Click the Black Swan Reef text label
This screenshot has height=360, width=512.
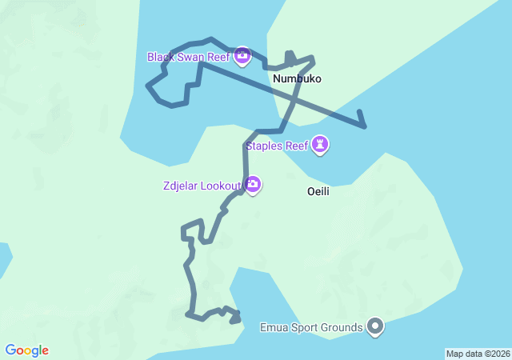(x=189, y=57)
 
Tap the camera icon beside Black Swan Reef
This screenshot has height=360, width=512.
(x=242, y=56)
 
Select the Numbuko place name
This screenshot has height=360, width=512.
(x=297, y=79)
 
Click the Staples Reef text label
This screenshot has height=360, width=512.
(x=277, y=146)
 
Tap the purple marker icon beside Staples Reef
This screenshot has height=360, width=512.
(x=321, y=145)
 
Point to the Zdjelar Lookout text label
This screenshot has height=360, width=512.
(x=200, y=186)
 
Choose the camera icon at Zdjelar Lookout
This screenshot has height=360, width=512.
(x=253, y=186)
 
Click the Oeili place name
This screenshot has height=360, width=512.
(x=318, y=192)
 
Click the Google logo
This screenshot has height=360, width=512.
(x=26, y=350)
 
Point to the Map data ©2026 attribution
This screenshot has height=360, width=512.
(x=477, y=354)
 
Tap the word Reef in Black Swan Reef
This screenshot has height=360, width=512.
(x=218, y=57)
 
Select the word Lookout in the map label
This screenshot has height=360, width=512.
(x=221, y=186)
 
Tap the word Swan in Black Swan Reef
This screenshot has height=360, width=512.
(x=190, y=57)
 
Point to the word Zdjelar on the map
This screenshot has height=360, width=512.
(x=180, y=186)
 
